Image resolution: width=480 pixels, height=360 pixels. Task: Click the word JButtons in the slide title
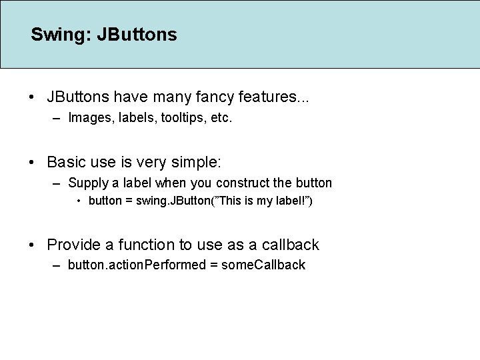(x=137, y=35)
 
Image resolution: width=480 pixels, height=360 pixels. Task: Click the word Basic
(x=67, y=162)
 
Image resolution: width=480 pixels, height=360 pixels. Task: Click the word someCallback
(x=263, y=265)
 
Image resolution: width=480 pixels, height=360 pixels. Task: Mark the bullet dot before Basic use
(x=33, y=163)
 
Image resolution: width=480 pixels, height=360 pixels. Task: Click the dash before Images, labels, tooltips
(x=55, y=119)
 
